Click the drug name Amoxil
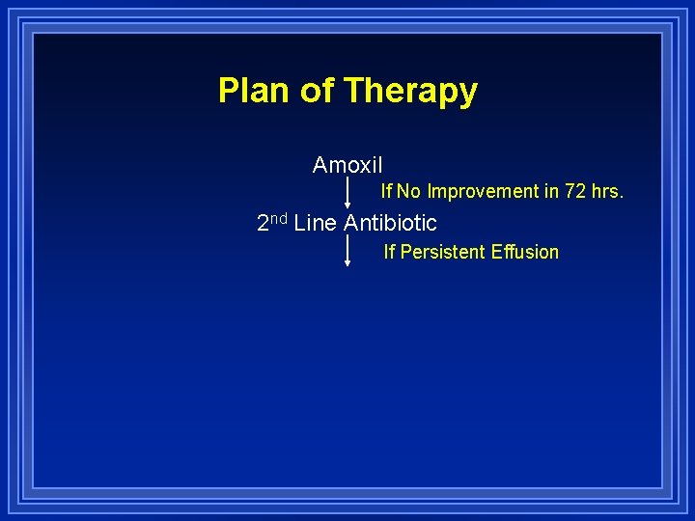coord(347,165)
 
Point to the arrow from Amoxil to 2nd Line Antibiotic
coord(347,191)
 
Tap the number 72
coord(576,191)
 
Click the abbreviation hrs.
coord(608,191)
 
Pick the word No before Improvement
coord(409,191)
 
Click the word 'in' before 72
coord(552,191)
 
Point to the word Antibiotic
coord(390,223)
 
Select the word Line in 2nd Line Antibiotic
coord(315,223)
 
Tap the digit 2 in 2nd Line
coord(263,223)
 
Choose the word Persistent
coord(445,252)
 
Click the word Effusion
coord(527,252)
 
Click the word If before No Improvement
coord(386,191)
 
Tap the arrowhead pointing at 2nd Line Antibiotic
coord(347,205)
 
